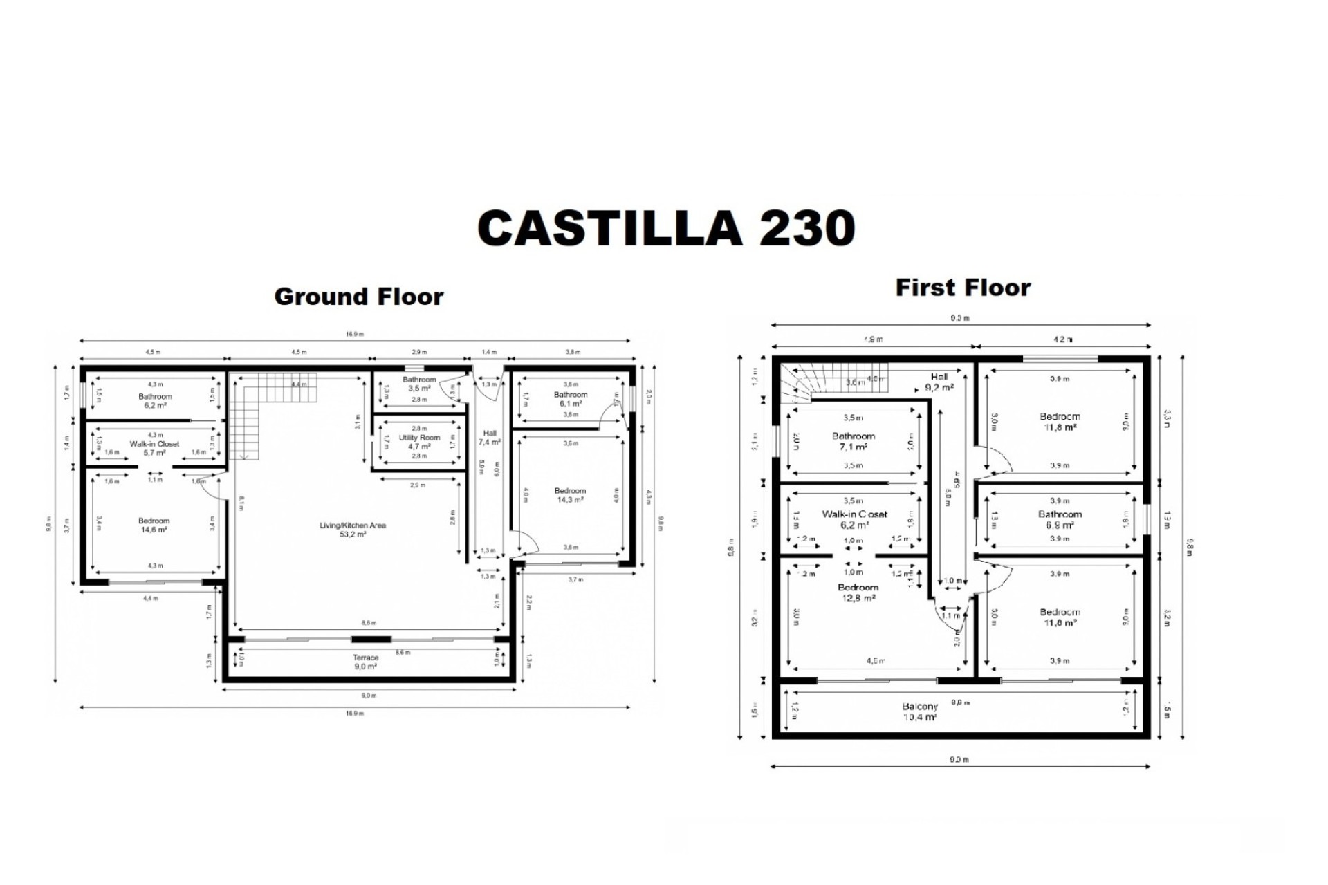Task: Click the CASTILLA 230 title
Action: (666, 228)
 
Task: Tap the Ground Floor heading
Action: (358, 297)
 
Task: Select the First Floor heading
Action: (963, 288)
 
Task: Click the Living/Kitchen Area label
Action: (353, 530)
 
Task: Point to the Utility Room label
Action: (419, 442)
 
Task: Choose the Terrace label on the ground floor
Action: (365, 662)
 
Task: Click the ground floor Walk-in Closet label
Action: (154, 448)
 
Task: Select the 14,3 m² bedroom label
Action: (570, 495)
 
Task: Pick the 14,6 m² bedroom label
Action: (154, 525)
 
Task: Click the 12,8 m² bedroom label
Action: (858, 593)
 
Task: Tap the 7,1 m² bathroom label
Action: (853, 441)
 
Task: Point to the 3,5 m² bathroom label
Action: (419, 384)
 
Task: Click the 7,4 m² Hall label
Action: (490, 437)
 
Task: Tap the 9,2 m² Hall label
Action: (939, 382)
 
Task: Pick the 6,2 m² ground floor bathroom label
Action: (155, 401)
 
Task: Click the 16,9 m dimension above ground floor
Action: (355, 334)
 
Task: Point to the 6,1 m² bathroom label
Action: (570, 399)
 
